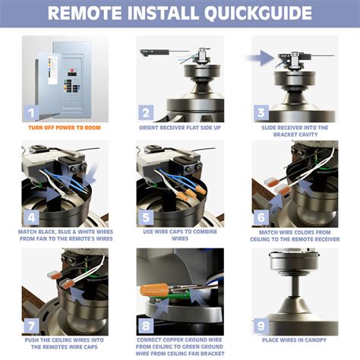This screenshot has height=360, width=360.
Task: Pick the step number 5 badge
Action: point(147,217)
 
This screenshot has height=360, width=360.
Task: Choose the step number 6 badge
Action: point(261,217)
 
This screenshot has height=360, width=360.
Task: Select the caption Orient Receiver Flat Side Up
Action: point(180,128)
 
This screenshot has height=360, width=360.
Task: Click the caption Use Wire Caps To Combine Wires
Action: point(180,235)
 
